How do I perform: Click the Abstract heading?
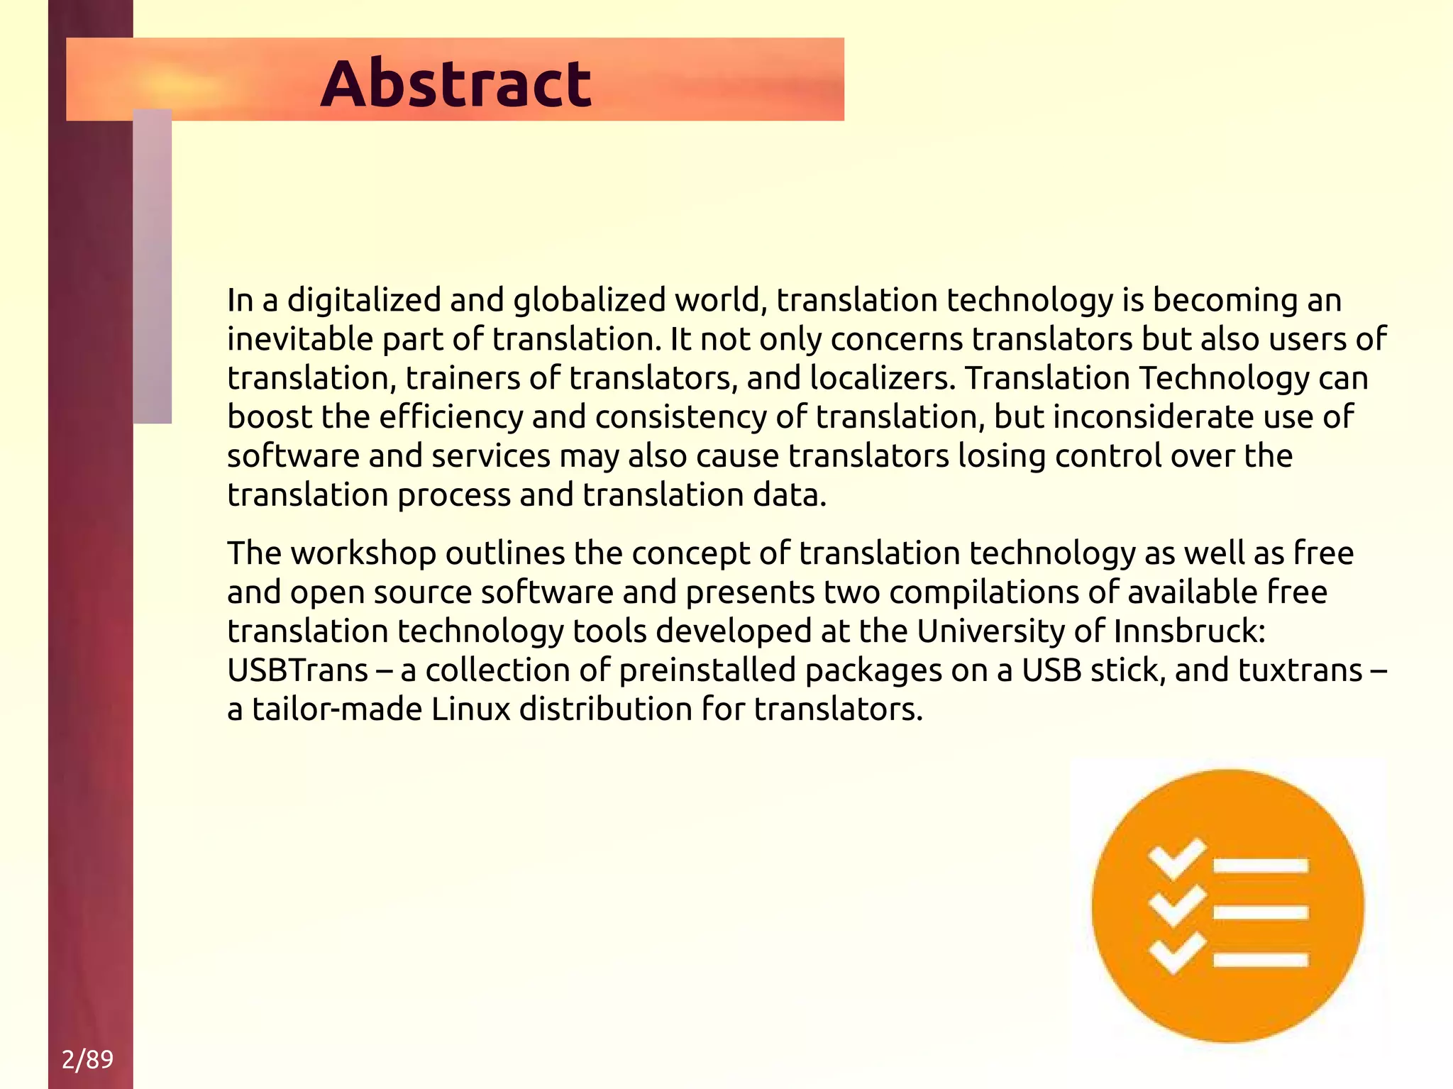click(455, 84)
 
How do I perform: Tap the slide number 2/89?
click(87, 1059)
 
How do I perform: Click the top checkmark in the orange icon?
click(1177, 859)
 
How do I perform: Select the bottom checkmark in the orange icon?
click(1177, 953)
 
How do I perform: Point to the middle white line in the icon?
click(1261, 912)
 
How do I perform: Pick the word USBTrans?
click(298, 670)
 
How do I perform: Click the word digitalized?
click(364, 300)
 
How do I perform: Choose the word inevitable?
click(301, 339)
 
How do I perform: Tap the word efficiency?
click(451, 416)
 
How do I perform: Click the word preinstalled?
click(707, 670)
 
